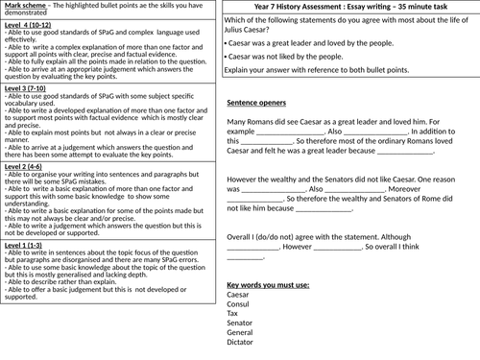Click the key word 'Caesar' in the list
241,295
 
